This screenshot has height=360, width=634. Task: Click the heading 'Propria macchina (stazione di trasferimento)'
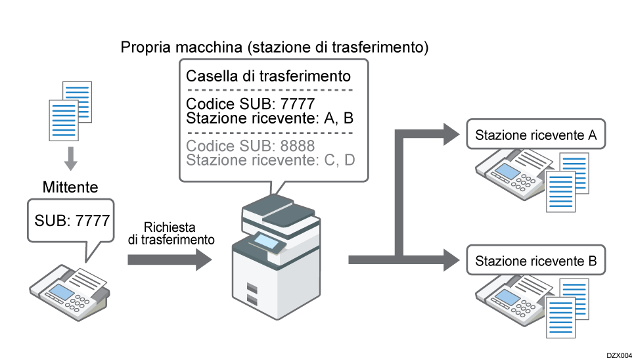[275, 47]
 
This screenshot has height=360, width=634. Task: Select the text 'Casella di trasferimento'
[268, 76]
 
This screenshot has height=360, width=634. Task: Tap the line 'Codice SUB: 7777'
[251, 104]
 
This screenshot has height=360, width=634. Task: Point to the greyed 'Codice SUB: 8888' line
[251, 146]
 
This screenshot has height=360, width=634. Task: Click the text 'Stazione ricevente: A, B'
[270, 119]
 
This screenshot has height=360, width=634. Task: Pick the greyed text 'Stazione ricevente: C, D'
[271, 160]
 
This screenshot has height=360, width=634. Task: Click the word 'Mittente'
[70, 188]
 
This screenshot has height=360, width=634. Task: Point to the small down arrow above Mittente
[71, 158]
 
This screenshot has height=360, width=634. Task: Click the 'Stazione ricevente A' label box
[535, 136]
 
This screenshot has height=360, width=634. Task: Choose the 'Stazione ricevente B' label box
[535, 261]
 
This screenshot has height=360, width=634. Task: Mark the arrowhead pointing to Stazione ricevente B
[452, 259]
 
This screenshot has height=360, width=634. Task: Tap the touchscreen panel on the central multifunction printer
[266, 242]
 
